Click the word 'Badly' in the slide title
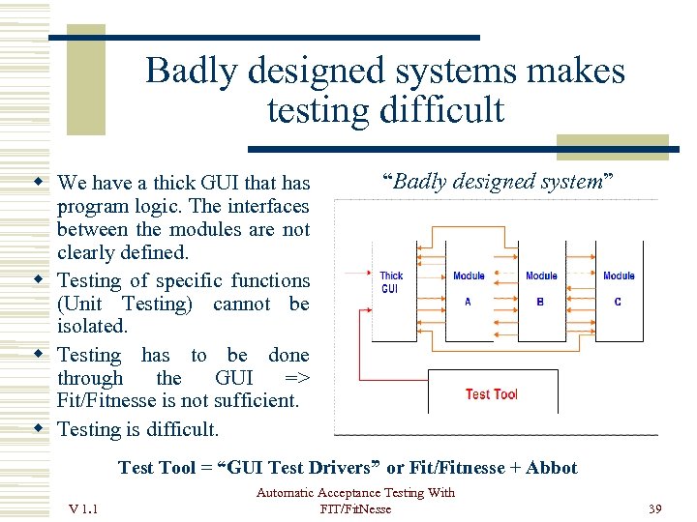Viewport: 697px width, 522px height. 191,72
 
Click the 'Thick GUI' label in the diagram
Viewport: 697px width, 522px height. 391,282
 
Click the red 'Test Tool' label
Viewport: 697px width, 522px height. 492,394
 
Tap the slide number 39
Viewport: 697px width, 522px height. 654,509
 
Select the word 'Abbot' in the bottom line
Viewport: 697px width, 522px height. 552,468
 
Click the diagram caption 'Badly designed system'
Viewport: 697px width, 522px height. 499,182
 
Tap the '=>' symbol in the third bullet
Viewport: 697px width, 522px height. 296,378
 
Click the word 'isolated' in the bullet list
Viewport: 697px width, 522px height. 92,327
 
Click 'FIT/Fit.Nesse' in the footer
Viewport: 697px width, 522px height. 355,509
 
